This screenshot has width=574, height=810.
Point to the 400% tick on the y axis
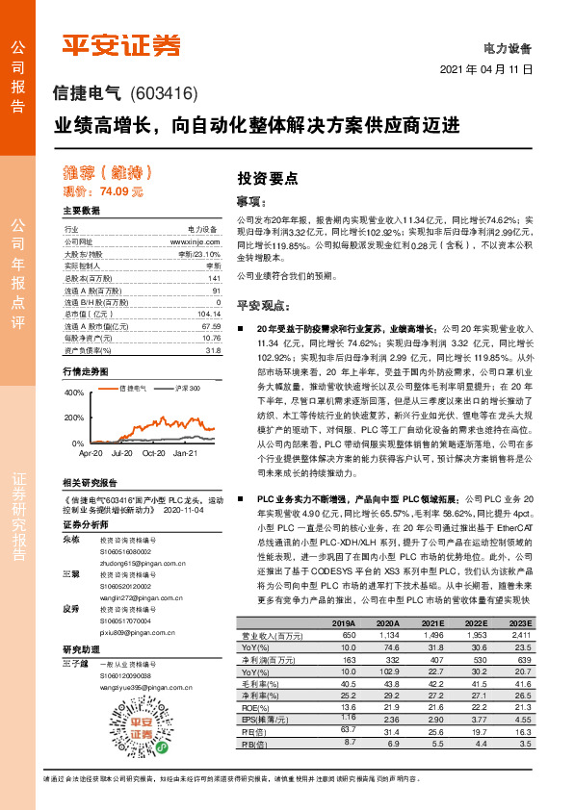click(x=74, y=393)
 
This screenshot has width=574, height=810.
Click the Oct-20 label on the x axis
click(x=154, y=451)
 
